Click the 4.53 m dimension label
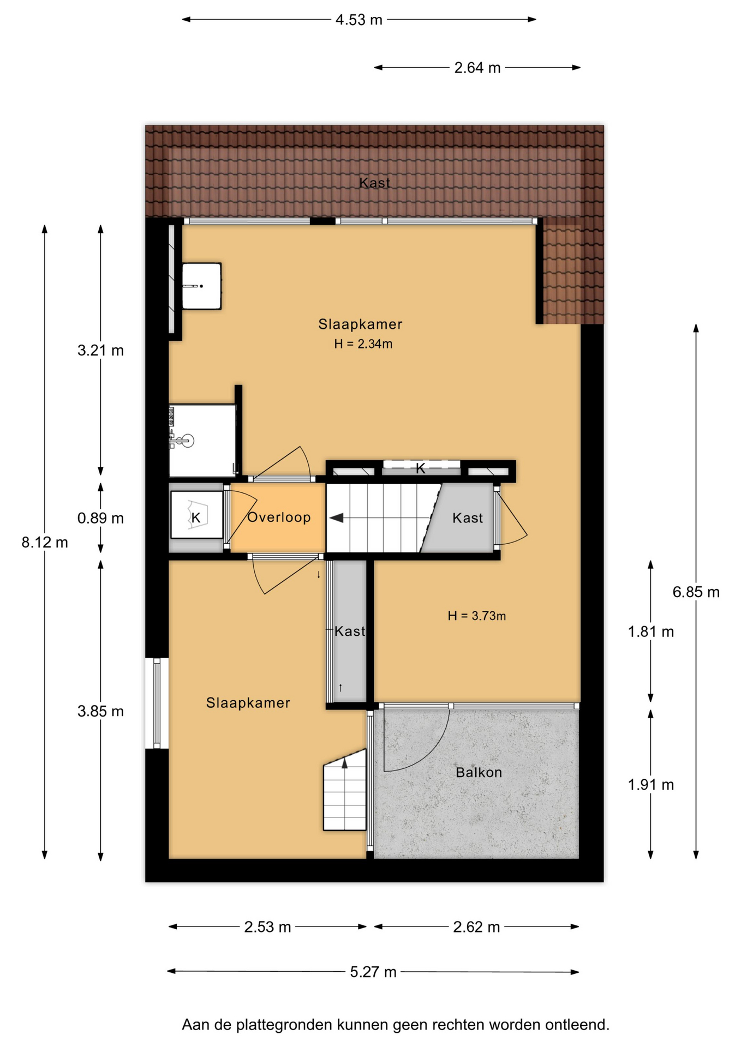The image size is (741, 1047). (358, 20)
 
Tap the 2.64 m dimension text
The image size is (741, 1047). (477, 68)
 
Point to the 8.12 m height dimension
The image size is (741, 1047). (45, 543)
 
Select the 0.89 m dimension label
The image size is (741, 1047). (100, 518)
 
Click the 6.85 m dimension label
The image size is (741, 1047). (696, 592)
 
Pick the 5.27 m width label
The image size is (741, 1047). (373, 972)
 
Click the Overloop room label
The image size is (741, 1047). (279, 518)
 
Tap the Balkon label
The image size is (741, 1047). (479, 773)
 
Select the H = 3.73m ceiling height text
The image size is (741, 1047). (476, 616)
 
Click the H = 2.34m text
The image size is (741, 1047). (363, 344)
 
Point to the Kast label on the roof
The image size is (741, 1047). (374, 183)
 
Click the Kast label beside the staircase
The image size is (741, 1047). (468, 518)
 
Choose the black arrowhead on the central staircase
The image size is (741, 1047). (336, 518)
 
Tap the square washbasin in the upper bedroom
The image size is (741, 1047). (201, 286)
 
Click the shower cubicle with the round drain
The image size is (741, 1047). (202, 441)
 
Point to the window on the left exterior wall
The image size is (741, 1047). (157, 703)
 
